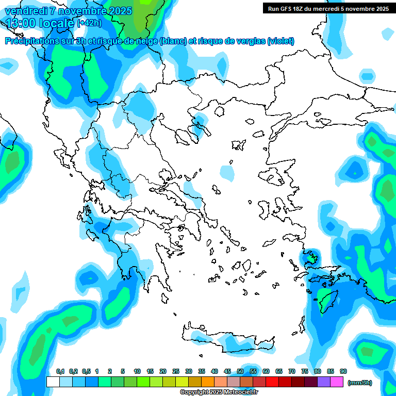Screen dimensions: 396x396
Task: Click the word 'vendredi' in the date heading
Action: coord(23,11)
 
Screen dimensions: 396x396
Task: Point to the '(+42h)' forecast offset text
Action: coord(90,23)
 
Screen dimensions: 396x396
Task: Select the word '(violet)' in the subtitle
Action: coord(281,41)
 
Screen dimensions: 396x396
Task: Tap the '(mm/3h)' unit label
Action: coord(360,383)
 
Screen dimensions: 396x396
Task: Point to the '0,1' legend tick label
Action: coord(60,372)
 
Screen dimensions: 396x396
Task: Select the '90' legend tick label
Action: coord(343,372)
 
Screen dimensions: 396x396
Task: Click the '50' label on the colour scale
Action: coord(240,372)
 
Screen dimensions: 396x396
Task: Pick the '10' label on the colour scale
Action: coord(137,372)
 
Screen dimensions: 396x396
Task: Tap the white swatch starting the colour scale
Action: coord(53,382)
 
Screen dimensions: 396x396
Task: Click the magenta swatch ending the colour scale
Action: coord(337,382)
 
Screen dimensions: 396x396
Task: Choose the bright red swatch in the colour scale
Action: coord(272,382)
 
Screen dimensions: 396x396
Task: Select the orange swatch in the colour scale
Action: coord(208,382)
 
